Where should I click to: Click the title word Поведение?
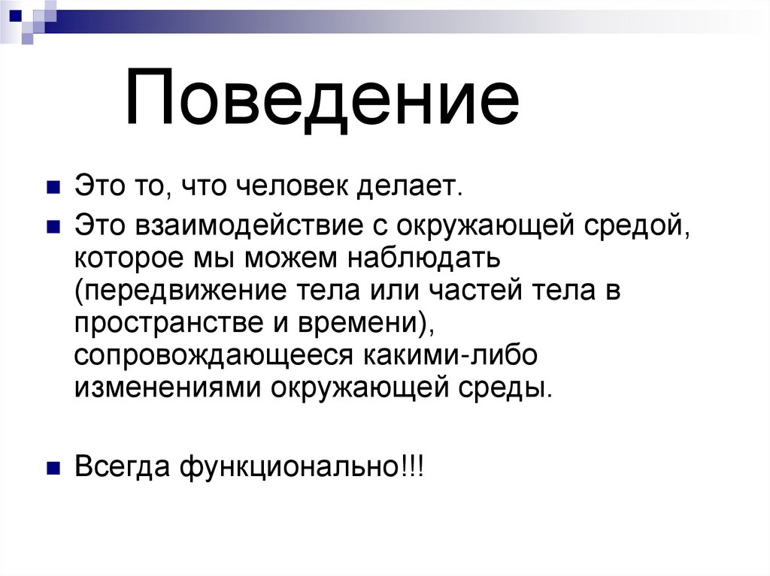point(322,98)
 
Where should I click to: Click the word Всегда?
point(121,467)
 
